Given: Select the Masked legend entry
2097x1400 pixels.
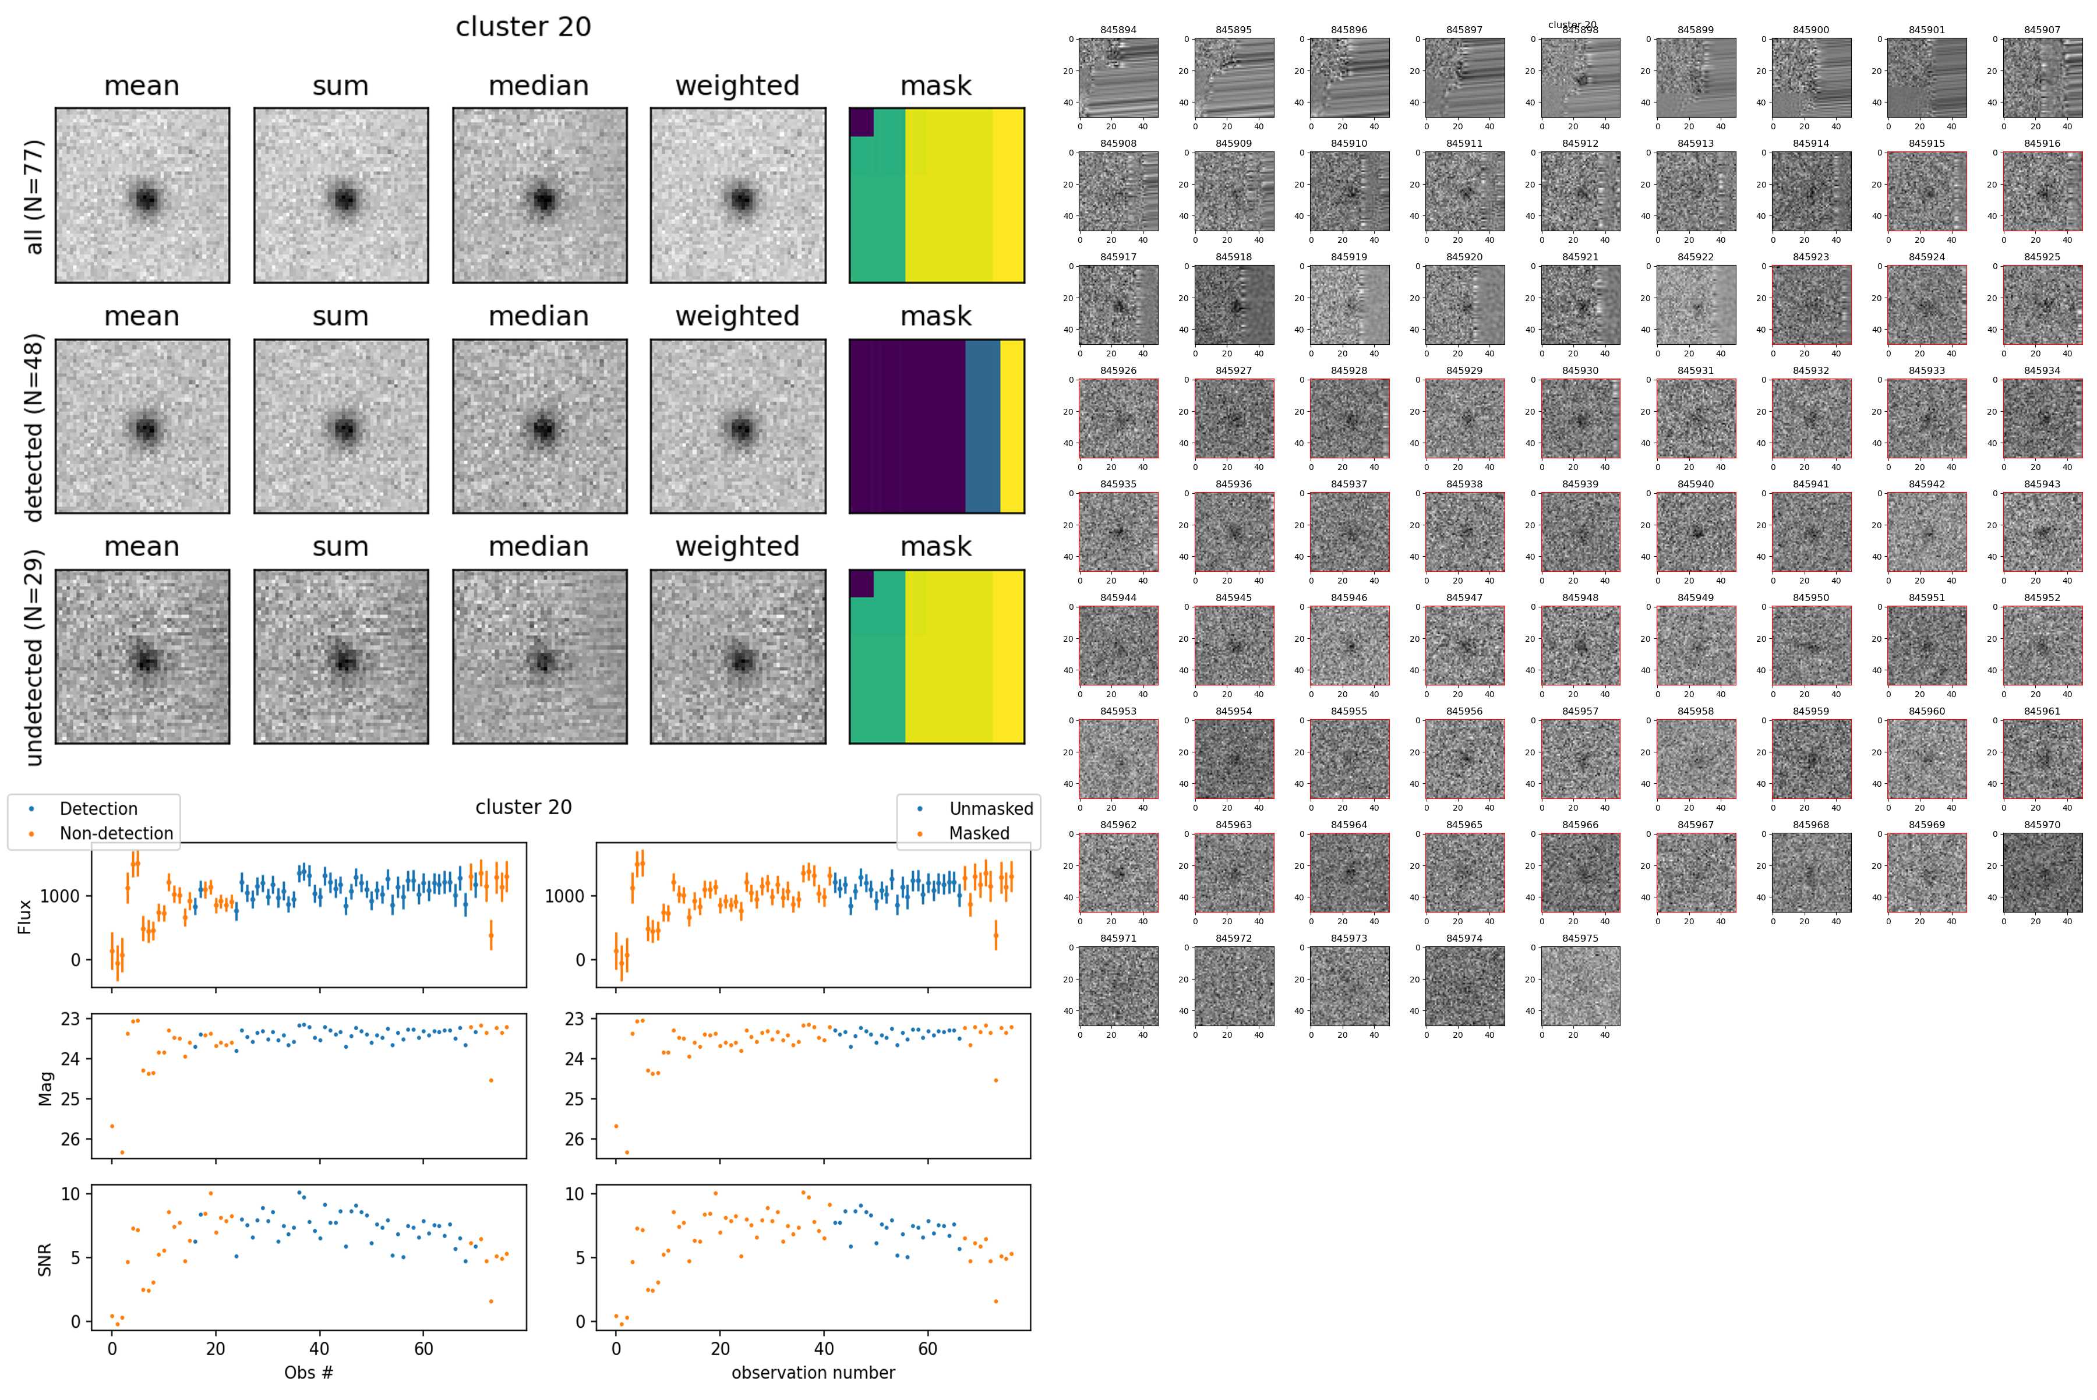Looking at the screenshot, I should click(979, 833).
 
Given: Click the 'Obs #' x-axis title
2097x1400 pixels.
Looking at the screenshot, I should click(308, 1372).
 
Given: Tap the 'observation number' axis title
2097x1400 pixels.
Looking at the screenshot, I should click(813, 1372).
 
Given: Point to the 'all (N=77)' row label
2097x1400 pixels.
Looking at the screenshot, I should click(34, 196).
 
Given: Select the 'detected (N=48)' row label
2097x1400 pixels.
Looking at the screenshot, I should click(34, 427).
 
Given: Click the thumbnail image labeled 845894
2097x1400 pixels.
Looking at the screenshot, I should click(1118, 77).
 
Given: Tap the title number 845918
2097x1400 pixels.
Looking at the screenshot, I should click(1233, 257).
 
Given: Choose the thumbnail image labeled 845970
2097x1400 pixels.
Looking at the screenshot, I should click(2042, 872).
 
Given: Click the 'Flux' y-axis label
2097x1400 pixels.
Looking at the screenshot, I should click(25, 916).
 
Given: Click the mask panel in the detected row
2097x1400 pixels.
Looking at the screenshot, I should click(936, 427).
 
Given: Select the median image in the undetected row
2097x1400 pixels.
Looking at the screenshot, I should click(539, 657).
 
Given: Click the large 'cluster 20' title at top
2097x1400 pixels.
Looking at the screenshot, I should click(523, 27).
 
